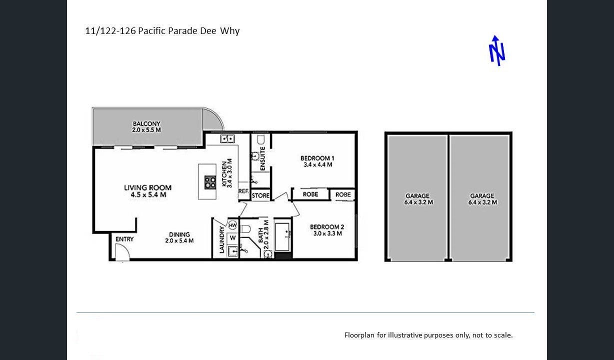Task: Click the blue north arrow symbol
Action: coord(496,51)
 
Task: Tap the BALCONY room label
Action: coord(146,123)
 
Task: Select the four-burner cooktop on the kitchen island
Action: coord(210,182)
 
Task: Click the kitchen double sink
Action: coord(227,138)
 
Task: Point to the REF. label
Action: coord(243,191)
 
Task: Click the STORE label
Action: coord(260,195)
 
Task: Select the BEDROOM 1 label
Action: coord(317,158)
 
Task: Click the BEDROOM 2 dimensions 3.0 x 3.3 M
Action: coord(327,233)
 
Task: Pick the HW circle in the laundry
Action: coord(232,225)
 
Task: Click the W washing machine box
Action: coord(232,237)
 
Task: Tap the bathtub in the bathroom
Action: coord(282,236)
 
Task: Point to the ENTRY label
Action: coord(124,239)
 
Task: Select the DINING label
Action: coord(179,234)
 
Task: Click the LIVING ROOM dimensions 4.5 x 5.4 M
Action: coord(148,194)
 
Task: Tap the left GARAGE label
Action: coord(417,196)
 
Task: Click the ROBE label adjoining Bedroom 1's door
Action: coord(310,194)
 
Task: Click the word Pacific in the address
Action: coord(152,30)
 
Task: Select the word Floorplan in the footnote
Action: coord(359,335)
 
